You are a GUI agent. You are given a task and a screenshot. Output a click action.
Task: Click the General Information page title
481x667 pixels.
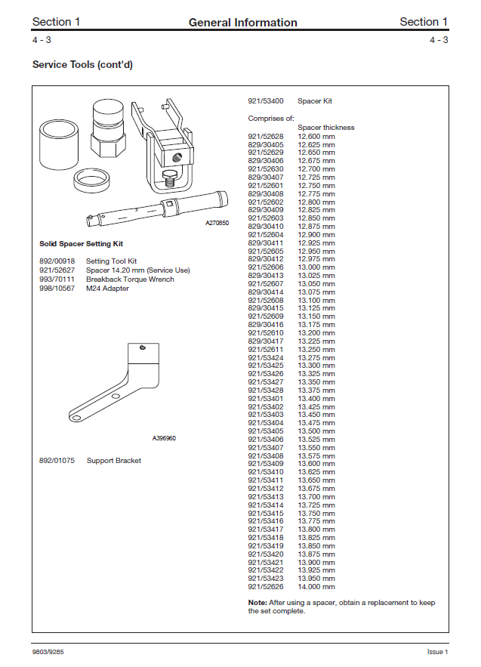pos(242,23)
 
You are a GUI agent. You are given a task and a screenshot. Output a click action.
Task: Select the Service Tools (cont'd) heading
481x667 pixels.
pos(82,65)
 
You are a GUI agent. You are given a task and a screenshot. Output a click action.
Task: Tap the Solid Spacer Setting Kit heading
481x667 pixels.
pos(81,244)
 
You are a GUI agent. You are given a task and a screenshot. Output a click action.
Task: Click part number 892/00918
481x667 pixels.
pos(56,261)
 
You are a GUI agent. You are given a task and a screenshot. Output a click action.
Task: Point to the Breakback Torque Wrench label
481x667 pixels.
pos(130,279)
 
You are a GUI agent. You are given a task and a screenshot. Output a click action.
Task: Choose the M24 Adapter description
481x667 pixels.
pos(107,289)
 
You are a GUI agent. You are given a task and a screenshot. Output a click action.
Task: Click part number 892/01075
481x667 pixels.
pos(56,461)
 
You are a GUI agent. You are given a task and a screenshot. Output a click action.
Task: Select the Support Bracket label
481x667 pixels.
pos(113,461)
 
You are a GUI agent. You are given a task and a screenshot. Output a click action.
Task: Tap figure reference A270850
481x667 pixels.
pos(217,224)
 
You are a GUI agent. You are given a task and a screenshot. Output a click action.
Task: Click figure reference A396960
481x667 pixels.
pos(164,438)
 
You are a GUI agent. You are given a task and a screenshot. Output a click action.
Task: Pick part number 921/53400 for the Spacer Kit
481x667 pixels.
pos(266,101)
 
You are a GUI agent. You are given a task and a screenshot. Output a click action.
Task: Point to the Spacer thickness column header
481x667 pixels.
pos(325,128)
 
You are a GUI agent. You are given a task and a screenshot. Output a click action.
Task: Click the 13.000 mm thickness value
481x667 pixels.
pos(316,267)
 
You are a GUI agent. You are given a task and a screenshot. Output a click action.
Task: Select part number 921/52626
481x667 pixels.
pos(266,587)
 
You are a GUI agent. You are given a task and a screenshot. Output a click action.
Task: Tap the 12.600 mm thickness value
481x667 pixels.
pos(316,136)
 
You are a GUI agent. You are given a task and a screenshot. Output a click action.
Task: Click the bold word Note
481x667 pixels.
pos(257,603)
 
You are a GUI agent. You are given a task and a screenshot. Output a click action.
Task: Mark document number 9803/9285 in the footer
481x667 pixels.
pos(48,651)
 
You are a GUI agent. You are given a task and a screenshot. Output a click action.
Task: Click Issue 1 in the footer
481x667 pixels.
pos(437,651)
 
